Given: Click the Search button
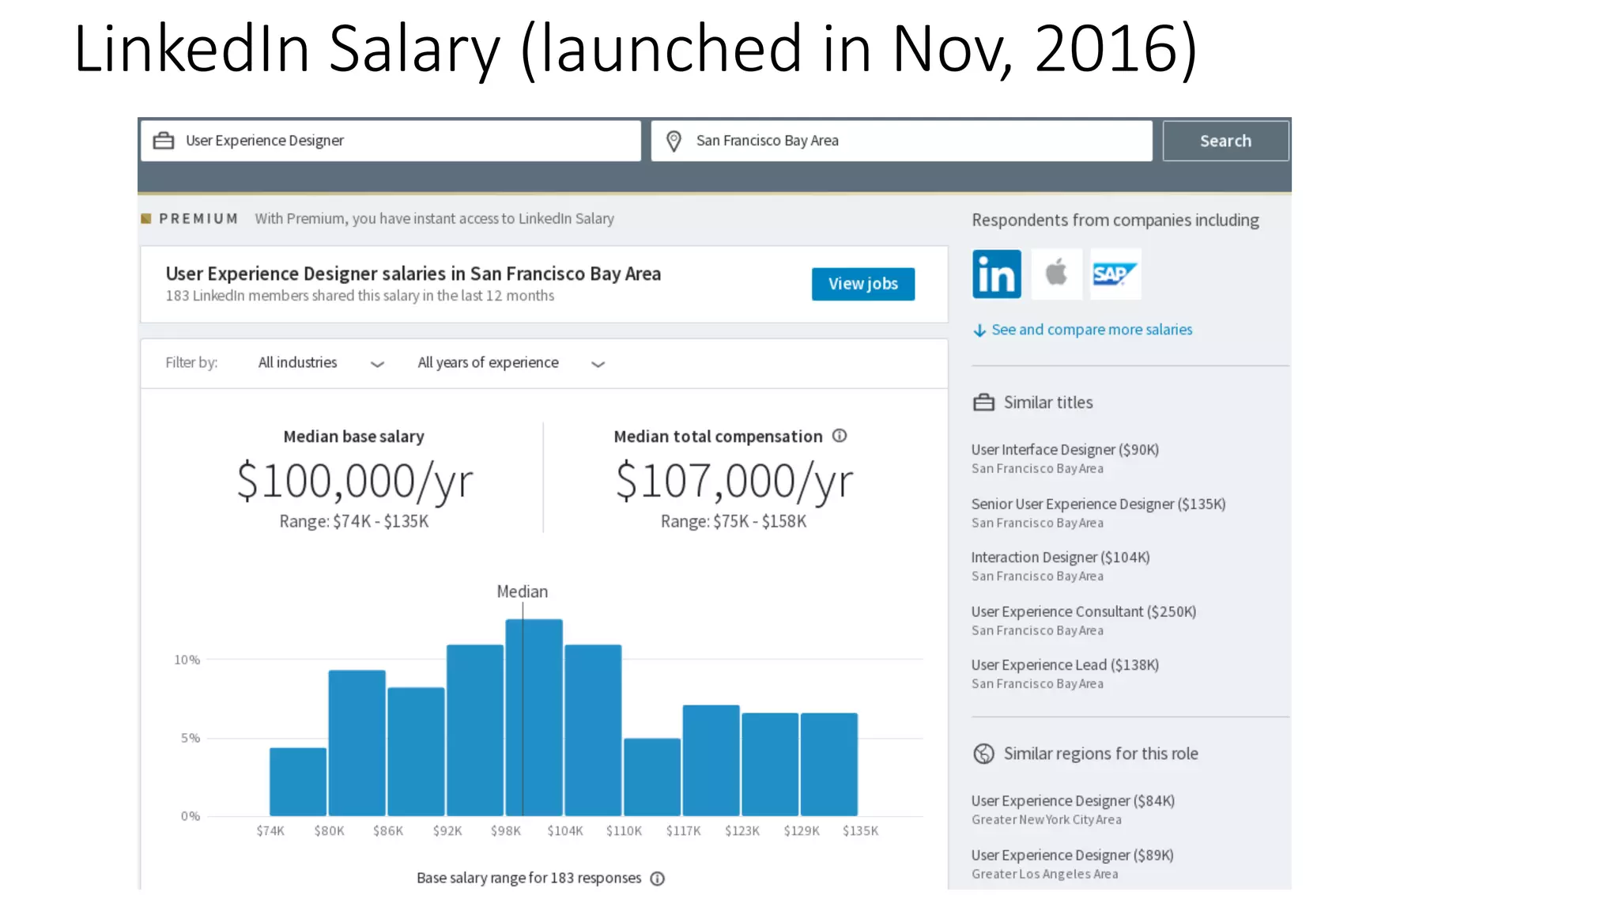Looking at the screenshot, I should pyautogui.click(x=1225, y=141).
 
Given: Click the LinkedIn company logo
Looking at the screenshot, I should pyautogui.click(x=996, y=274).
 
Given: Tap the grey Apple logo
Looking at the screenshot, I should pyautogui.click(x=1056, y=274).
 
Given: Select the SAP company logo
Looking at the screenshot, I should pyautogui.click(x=1115, y=274).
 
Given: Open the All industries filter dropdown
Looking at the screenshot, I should pyautogui.click(x=320, y=363).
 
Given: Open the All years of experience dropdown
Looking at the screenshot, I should pyautogui.click(x=511, y=363).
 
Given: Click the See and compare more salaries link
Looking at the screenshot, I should pyautogui.click(x=1091, y=330).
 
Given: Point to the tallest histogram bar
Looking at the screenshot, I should pyautogui.click(x=534, y=716).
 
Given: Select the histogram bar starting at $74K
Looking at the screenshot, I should pyautogui.click(x=298, y=781).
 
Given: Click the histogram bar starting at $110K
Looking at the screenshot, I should pyautogui.click(x=652, y=777).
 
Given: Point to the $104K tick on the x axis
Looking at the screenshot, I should pyautogui.click(x=565, y=831).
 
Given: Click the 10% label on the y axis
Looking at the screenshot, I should pyautogui.click(x=187, y=660).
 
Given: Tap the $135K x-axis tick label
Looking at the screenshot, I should pyautogui.click(x=860, y=831).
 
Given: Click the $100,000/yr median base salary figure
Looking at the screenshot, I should pyautogui.click(x=355, y=481).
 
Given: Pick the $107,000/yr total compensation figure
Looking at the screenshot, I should pyautogui.click(x=734, y=481).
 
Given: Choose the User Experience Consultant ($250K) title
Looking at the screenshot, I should pyautogui.click(x=1083, y=611).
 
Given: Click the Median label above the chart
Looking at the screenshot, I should pyautogui.click(x=522, y=592).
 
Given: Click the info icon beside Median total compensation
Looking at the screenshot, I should pyautogui.click(x=840, y=436).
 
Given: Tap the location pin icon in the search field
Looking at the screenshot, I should pyautogui.click(x=674, y=141).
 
